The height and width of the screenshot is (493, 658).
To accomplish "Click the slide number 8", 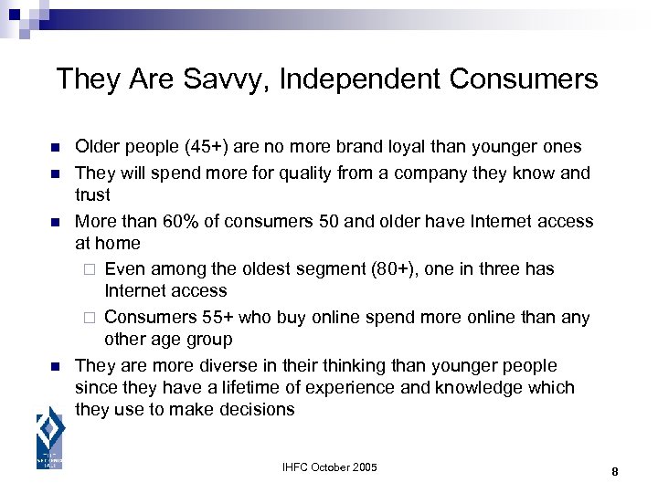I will pyautogui.click(x=615, y=471).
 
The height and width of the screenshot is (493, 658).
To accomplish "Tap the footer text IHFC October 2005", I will pyautogui.click(x=329, y=468).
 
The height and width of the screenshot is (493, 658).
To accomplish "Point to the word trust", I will pyautogui.click(x=92, y=195).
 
